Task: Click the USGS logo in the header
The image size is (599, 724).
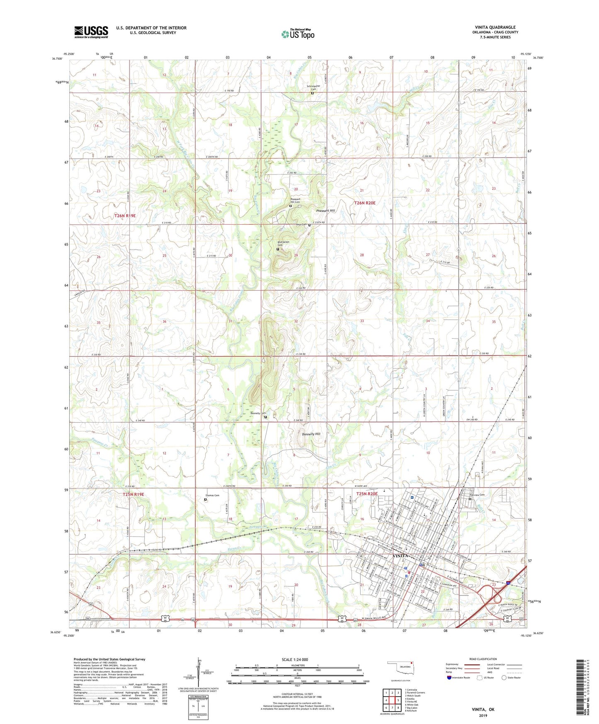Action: [x=91, y=32]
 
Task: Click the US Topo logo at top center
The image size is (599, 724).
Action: [x=298, y=34]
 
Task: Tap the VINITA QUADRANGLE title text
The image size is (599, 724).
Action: [x=496, y=27]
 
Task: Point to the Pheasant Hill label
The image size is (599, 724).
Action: [x=325, y=211]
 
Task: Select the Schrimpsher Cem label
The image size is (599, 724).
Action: [x=314, y=87]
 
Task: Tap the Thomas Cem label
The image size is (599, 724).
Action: [x=212, y=496]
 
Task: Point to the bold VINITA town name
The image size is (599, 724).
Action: [x=401, y=556]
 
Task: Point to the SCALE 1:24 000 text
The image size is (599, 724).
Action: [x=295, y=660]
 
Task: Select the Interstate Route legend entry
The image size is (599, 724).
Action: [x=458, y=678]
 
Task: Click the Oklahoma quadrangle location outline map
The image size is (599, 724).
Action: [x=400, y=668]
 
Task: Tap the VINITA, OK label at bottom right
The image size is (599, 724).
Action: [x=483, y=709]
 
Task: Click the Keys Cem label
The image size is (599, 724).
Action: [x=301, y=225]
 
